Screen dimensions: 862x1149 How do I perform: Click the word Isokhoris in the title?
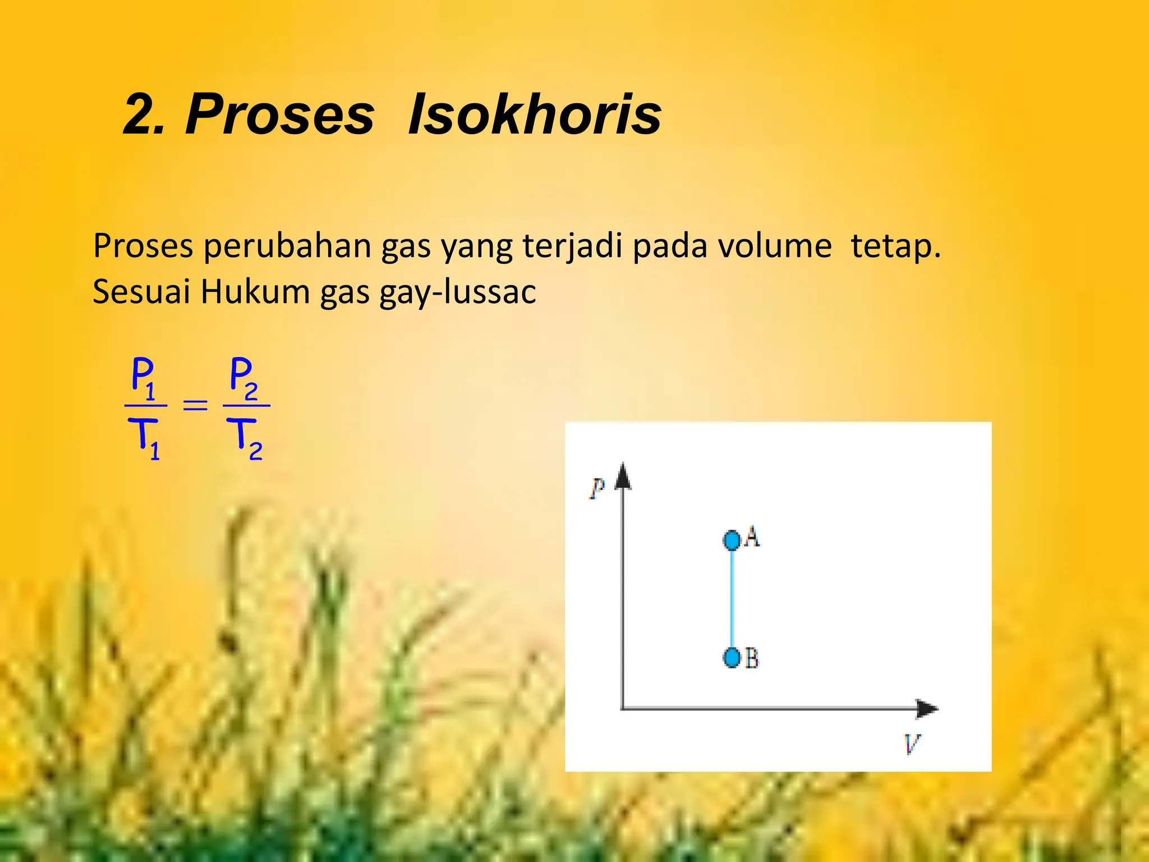534,115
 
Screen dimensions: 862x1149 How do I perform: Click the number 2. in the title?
144,115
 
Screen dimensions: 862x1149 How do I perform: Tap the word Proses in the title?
279,115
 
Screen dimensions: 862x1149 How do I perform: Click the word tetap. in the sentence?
895,246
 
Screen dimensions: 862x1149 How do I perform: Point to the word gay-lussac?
457,292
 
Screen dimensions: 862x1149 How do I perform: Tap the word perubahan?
287,246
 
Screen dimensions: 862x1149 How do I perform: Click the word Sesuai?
141,292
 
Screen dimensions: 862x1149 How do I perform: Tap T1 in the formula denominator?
144,438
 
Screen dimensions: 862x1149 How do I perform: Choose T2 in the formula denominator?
245,438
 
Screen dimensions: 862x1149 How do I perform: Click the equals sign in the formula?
195,405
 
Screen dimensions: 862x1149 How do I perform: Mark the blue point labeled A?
732,540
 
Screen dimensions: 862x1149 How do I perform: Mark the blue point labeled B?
732,657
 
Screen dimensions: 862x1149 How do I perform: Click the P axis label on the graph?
597,488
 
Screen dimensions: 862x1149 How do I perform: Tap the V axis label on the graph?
912,744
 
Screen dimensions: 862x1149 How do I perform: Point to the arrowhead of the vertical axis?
623,476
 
